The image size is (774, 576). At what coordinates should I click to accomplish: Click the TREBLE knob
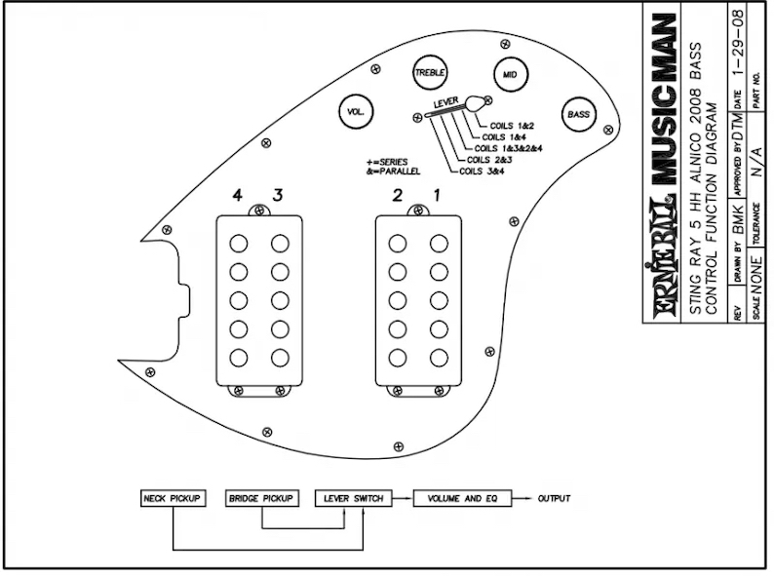430,72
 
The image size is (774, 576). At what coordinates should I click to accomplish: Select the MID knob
510,74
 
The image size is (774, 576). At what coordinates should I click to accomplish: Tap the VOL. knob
356,111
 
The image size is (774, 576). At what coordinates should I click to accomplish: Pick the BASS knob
578,114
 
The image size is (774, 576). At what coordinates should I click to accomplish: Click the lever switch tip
475,102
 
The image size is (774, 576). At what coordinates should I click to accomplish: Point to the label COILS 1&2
512,126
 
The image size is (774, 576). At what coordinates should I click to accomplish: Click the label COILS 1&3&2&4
508,148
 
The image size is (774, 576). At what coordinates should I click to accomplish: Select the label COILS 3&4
482,172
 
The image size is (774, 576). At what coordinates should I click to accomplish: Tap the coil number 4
238,196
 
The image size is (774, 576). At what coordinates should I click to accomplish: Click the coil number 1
437,196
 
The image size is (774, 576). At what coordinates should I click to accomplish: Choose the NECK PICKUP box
173,498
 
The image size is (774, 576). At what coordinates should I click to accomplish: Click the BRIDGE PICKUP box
261,498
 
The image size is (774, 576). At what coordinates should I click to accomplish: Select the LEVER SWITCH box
354,498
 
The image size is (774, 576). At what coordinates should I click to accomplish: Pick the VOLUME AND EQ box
462,498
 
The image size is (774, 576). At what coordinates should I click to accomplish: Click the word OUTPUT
554,498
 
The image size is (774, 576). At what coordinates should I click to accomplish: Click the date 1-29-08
738,42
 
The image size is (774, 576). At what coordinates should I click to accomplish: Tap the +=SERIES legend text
387,162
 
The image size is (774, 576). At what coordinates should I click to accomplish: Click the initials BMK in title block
738,220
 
